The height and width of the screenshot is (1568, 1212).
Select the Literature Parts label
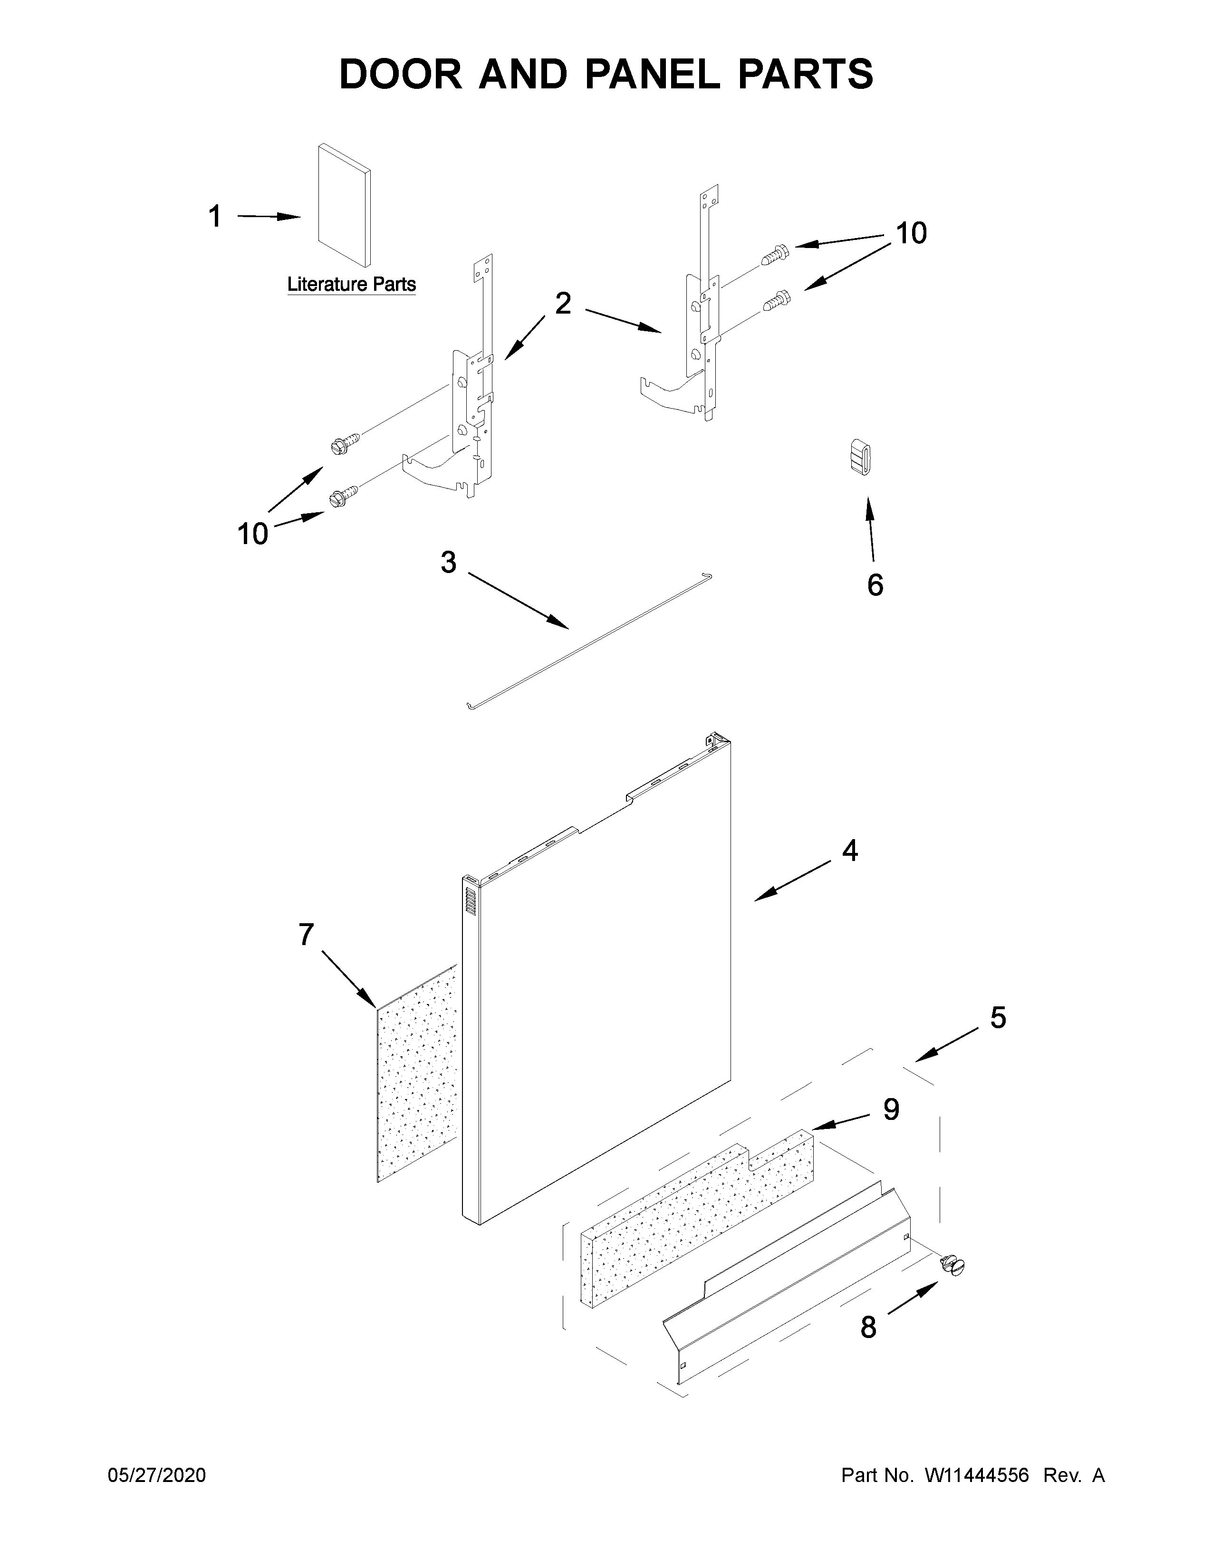point(351,284)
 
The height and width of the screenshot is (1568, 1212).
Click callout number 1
point(215,217)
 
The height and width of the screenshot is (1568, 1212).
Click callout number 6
point(875,585)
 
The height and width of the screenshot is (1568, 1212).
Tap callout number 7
point(306,935)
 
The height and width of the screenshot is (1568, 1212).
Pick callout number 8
point(868,1328)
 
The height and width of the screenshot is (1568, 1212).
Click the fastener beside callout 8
point(953,1264)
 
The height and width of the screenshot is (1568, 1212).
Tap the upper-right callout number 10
point(911,233)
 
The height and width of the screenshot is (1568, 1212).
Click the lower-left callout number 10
point(252,534)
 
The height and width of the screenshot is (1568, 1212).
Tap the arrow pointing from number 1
point(269,216)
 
